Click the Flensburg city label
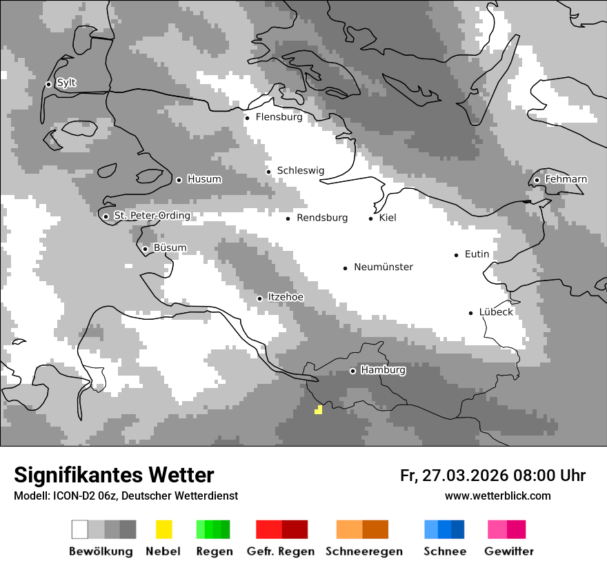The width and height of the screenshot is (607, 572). point(279,117)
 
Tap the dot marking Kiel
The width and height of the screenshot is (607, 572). point(371,218)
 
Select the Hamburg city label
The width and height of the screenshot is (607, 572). point(383,370)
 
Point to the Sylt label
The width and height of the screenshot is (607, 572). point(66,83)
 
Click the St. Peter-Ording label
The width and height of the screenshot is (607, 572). point(152,216)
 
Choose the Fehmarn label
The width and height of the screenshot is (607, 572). point(566,179)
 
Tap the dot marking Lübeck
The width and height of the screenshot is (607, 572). point(471,313)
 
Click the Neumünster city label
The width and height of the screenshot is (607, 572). point(384,267)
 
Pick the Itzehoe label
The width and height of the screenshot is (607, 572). point(285,297)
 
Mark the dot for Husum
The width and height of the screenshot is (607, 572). point(179,180)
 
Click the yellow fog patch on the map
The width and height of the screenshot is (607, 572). point(318,410)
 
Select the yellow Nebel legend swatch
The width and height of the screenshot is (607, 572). point(163,529)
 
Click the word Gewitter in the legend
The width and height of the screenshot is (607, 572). point(508,551)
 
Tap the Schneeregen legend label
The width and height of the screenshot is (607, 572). point(364,551)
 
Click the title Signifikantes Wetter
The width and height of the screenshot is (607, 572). point(114,475)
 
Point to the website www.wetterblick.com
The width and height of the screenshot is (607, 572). point(497,496)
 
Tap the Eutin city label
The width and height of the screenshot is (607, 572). point(477,254)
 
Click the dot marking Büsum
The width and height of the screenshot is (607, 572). point(145,249)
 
